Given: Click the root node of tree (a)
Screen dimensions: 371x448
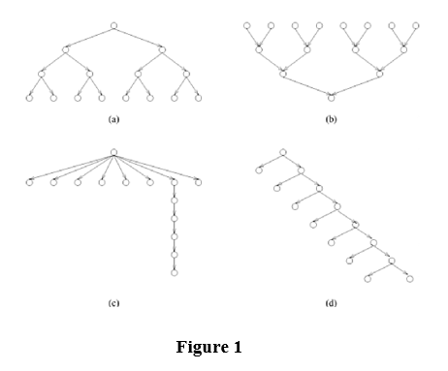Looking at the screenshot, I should pos(113,24).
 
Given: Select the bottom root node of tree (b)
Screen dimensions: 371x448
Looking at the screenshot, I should pos(332,96).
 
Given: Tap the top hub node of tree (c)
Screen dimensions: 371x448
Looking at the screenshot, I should pos(113,151).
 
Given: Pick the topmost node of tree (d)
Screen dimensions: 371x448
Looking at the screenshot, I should pos(282,152).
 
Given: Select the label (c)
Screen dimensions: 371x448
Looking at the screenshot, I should pos(113,303).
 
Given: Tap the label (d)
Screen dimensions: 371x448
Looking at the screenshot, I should pos(331,303).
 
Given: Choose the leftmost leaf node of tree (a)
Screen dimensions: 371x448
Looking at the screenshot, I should pos(30,97).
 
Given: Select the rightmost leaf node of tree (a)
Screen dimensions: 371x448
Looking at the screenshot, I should pos(199,97).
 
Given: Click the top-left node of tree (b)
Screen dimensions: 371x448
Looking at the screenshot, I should pos(247,24).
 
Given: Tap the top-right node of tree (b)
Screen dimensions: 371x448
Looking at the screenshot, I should pos(415,24).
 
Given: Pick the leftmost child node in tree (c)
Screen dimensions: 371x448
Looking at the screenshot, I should pos(30,181).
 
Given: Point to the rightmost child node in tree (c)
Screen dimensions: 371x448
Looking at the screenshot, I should pos(199,181).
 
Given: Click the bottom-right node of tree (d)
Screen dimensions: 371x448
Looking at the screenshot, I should pos(409,279).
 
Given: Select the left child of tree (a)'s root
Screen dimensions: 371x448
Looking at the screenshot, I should pos(66,48).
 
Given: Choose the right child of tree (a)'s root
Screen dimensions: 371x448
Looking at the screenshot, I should pos(162,48).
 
